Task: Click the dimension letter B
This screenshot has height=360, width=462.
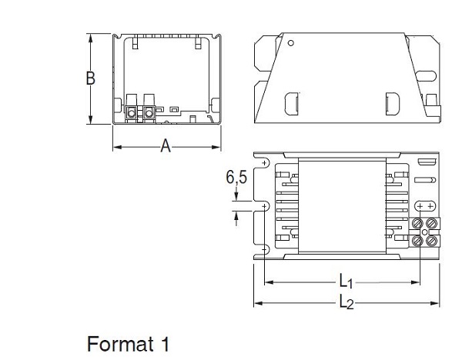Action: point(90,78)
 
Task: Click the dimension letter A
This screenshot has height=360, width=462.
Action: point(166,146)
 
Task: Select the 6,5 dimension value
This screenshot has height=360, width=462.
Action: point(236,177)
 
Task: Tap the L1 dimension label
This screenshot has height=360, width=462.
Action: point(346,282)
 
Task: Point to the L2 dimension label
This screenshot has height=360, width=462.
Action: point(346,303)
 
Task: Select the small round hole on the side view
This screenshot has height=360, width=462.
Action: point(290,43)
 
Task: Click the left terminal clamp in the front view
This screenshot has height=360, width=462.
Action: point(132,112)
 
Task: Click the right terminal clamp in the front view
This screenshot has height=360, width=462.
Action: point(149,112)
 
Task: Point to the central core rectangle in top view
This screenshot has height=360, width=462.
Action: point(340,205)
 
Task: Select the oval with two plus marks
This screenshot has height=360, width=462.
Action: point(425,206)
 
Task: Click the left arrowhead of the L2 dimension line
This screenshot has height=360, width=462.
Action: point(256,303)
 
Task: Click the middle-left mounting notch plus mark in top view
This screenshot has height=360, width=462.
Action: point(263,206)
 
